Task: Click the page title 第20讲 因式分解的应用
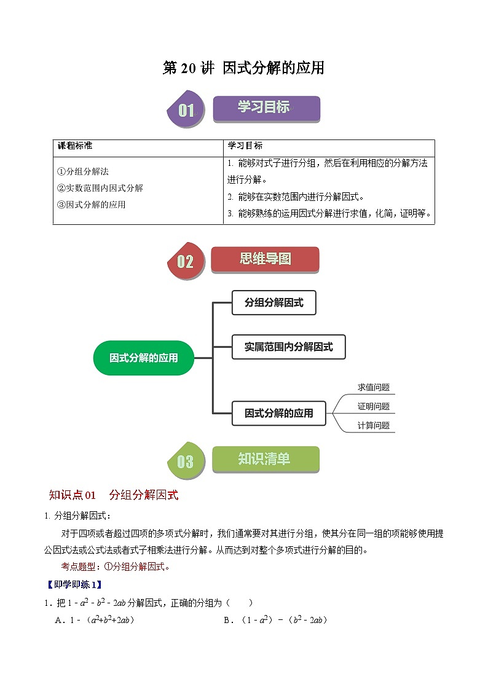click(x=243, y=68)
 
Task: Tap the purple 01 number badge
click(x=185, y=111)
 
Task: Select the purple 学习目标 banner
click(x=266, y=108)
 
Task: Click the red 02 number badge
click(x=185, y=262)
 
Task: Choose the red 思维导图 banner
click(x=265, y=259)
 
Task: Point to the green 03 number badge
click(x=185, y=461)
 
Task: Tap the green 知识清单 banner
click(x=265, y=459)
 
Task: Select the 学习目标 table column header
click(x=245, y=146)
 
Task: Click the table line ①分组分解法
click(x=83, y=172)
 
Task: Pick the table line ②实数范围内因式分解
click(x=100, y=188)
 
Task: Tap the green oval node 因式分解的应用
click(x=143, y=358)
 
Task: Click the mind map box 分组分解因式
click(x=274, y=303)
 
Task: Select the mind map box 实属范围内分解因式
click(x=288, y=347)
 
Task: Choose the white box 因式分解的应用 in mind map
click(x=278, y=413)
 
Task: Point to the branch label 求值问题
click(x=374, y=388)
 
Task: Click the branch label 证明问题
click(x=374, y=407)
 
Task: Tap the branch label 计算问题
click(x=374, y=425)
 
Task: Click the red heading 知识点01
click(x=73, y=495)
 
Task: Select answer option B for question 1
click(x=275, y=620)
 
